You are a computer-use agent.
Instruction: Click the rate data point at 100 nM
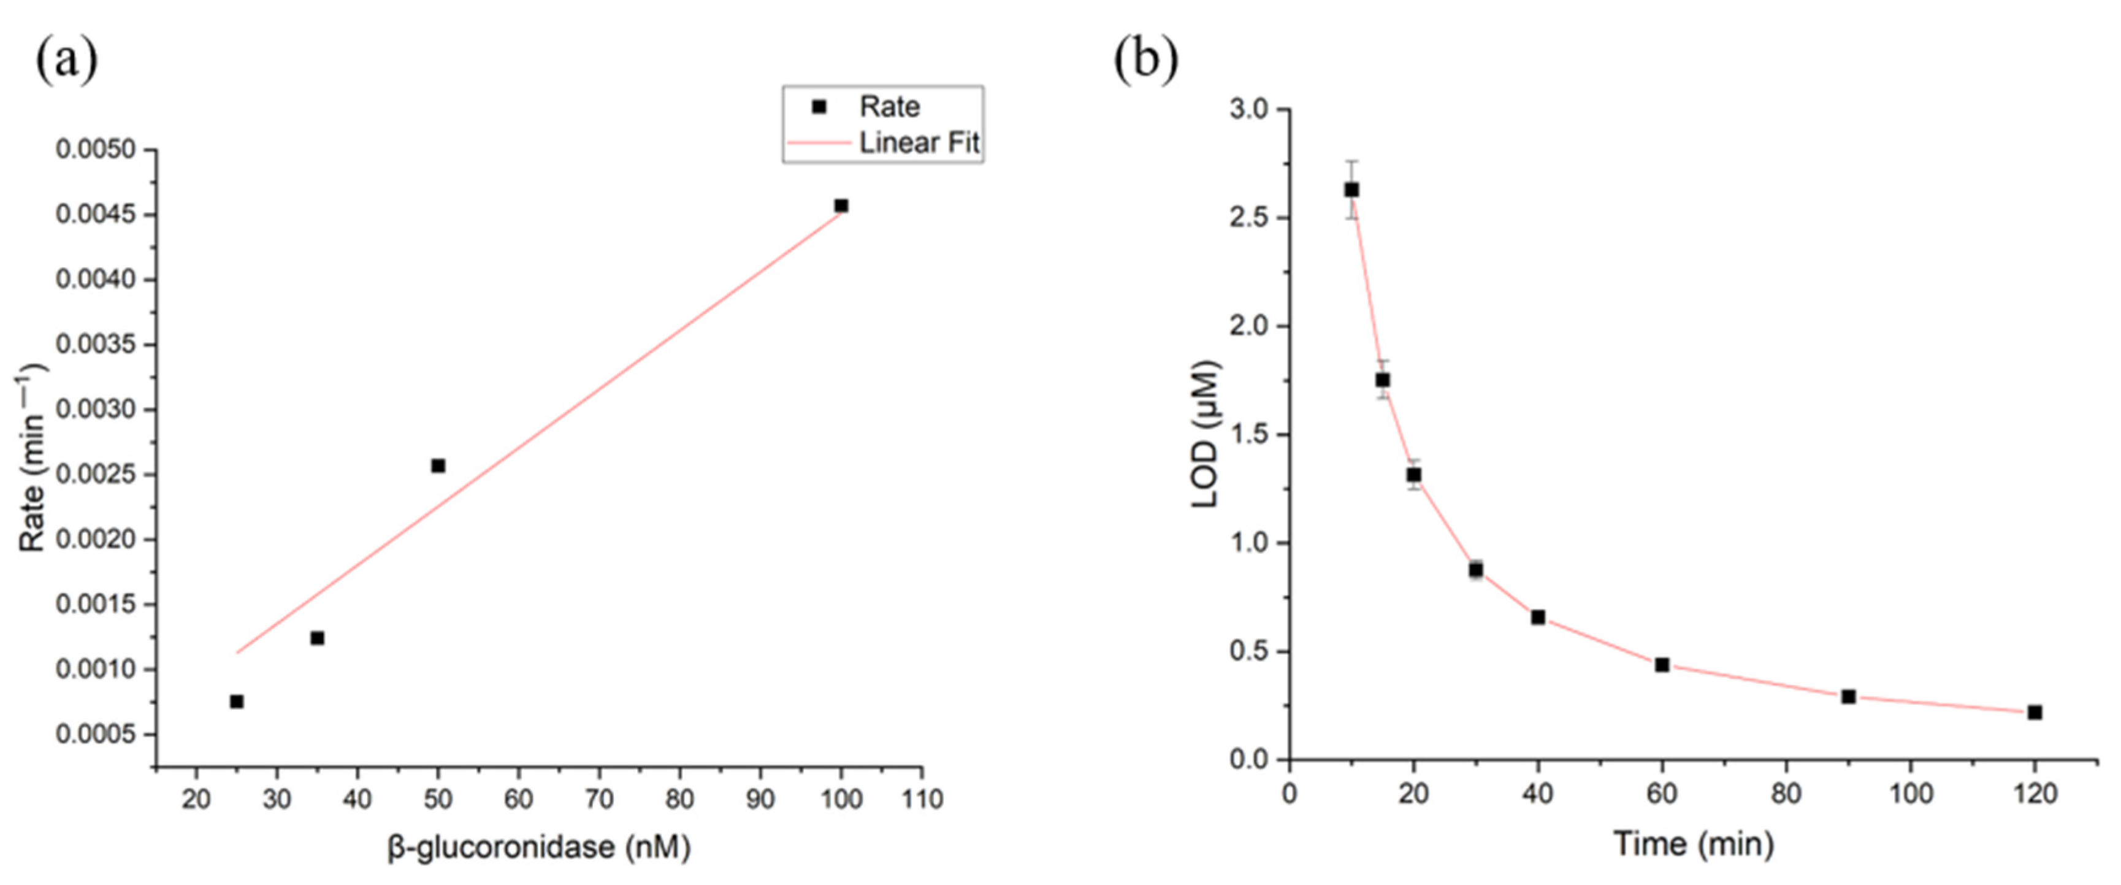[841, 206]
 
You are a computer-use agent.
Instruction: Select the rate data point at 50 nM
[438, 466]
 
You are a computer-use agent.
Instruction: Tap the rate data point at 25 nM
[236, 702]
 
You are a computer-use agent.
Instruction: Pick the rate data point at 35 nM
[317, 638]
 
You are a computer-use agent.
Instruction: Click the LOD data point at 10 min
[1351, 190]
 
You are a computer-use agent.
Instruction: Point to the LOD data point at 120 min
[2035, 712]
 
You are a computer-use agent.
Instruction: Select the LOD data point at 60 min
[1662, 664]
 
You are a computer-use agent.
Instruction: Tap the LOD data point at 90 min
[1849, 697]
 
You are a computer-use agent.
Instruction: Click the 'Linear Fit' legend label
[919, 144]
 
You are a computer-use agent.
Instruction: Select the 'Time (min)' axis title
[1693, 844]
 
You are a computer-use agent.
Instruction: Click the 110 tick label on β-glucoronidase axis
[922, 799]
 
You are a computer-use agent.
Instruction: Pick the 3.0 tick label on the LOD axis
[1248, 110]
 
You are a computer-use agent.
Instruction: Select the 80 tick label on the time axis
[1786, 794]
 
